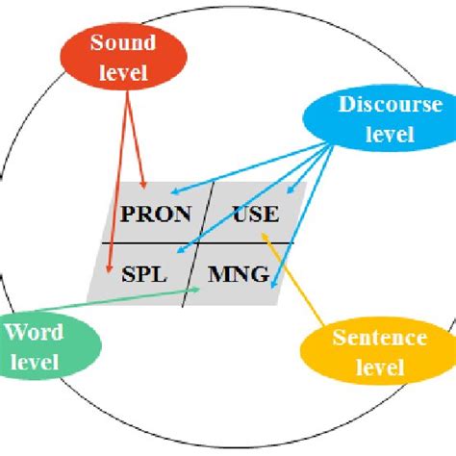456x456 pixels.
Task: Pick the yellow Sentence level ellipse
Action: click(x=378, y=351)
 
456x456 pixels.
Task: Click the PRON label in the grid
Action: click(x=157, y=214)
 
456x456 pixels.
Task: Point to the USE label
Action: click(x=255, y=214)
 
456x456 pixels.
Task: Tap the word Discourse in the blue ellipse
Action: click(x=390, y=107)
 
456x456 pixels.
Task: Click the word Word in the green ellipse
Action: click(x=34, y=333)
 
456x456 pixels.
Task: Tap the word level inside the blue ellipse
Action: click(x=389, y=135)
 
